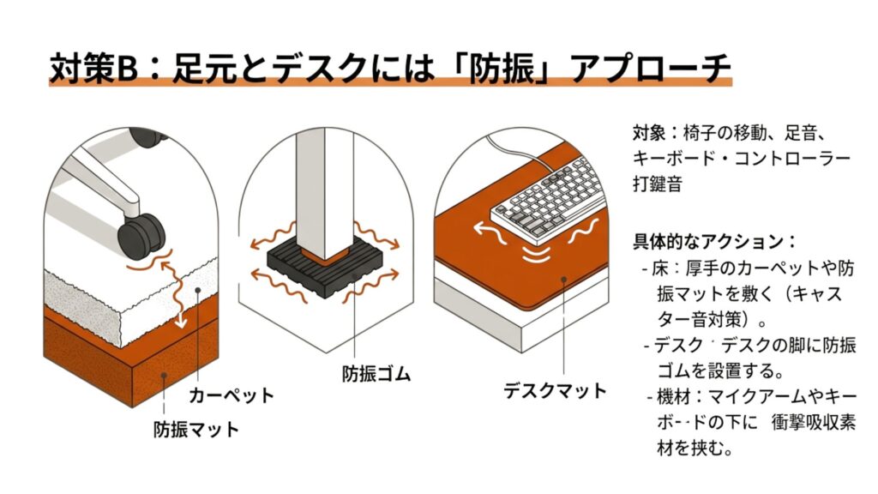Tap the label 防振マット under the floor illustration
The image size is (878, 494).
(x=196, y=428)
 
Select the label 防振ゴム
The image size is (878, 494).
(x=376, y=375)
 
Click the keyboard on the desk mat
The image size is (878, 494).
(x=549, y=199)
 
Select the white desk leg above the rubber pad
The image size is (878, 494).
(x=325, y=189)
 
